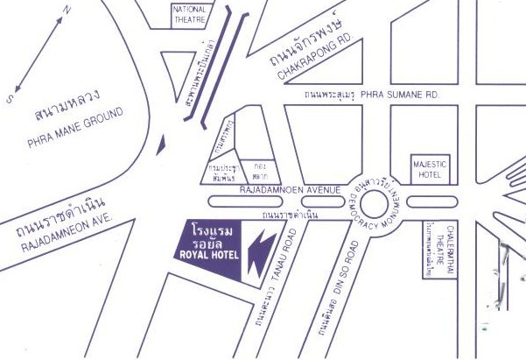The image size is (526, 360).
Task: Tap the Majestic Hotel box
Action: (429, 169)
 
